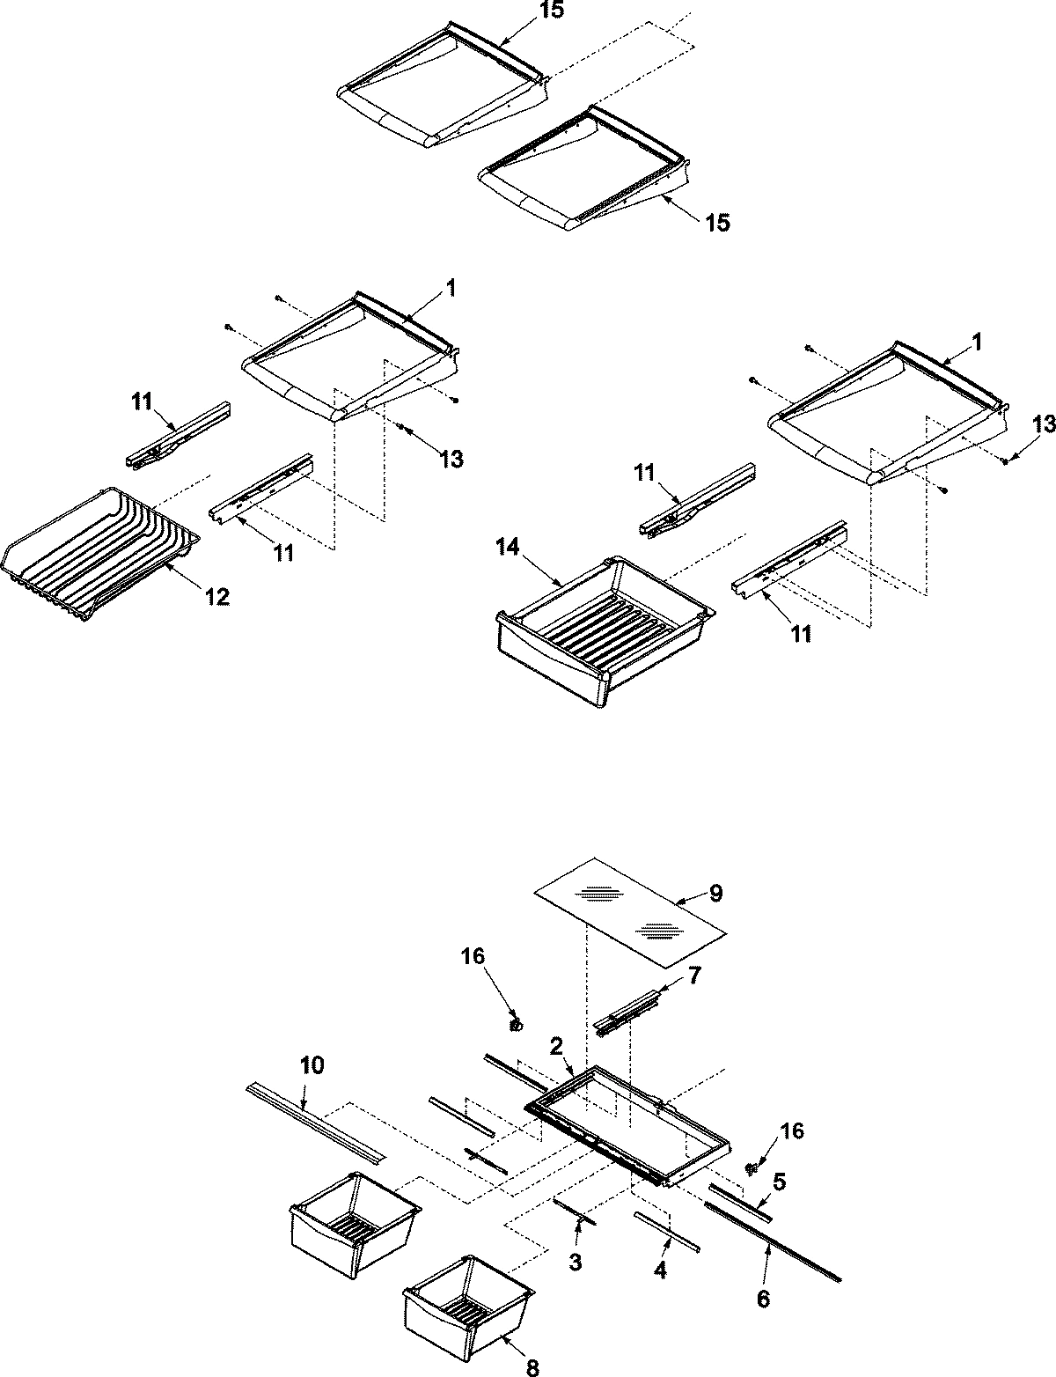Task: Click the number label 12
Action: coord(216,597)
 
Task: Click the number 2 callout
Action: coord(556,1045)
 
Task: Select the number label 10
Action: coord(312,1065)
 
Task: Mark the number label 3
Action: coord(575,1262)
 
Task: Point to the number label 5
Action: coord(779,1181)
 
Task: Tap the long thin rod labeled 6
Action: coord(774,1231)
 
